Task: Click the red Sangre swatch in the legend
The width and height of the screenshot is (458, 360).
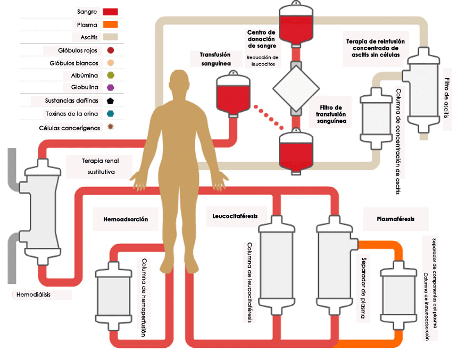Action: coord(108,11)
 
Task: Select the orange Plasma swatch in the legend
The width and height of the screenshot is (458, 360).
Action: coord(108,24)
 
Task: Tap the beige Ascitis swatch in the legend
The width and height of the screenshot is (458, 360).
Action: coord(108,37)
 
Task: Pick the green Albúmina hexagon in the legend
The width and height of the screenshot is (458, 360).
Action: coord(111,76)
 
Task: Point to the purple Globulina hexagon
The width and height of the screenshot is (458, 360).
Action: coord(111,87)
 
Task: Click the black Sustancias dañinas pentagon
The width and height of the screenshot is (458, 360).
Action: coord(111,101)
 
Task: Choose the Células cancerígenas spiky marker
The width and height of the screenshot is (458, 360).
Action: coord(111,127)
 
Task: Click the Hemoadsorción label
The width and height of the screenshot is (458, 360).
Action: coord(125,219)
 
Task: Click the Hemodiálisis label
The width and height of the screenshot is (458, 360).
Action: coord(34,294)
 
